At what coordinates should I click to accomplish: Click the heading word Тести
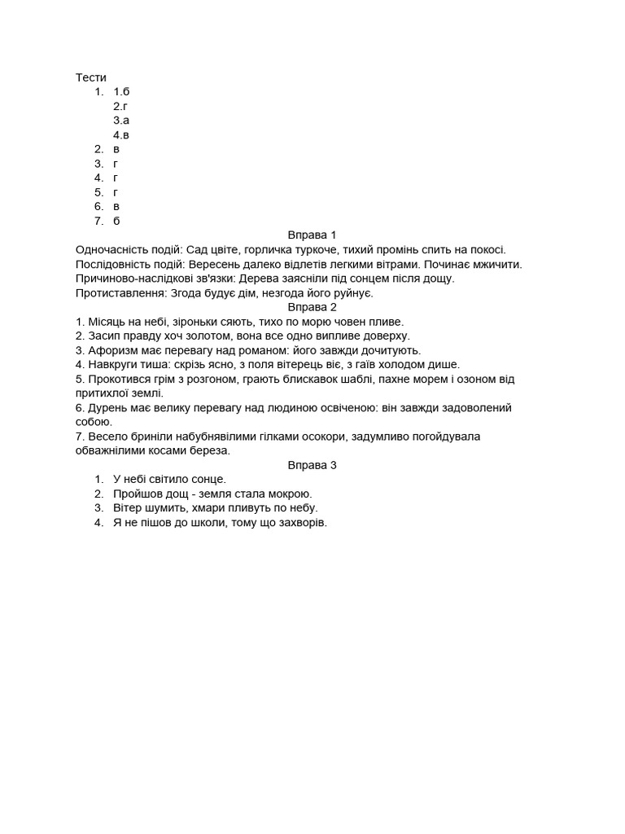[91, 77]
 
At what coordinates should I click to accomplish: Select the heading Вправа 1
[312, 235]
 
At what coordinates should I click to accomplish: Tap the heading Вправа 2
[312, 307]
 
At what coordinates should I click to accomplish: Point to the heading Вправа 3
[312, 465]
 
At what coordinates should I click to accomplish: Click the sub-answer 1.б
[121, 91]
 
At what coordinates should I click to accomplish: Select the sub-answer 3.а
[121, 121]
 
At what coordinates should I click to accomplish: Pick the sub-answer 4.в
[121, 134]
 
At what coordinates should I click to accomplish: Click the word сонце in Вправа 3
[207, 480]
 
